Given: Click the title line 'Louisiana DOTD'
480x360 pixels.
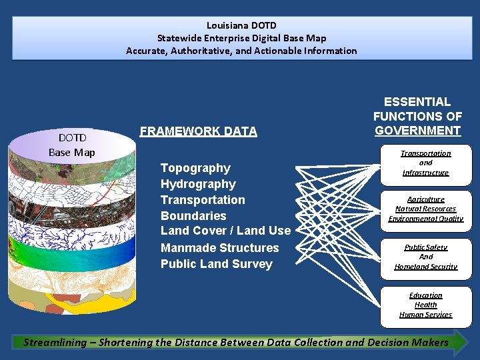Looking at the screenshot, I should click(241, 26).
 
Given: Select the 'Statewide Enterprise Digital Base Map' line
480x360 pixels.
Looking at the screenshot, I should click(241, 38).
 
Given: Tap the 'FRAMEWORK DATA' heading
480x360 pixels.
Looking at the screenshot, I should click(198, 131).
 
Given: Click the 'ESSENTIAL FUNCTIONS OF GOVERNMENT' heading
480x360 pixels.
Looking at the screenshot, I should click(417, 116).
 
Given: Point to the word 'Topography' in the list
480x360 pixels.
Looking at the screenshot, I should click(195, 168).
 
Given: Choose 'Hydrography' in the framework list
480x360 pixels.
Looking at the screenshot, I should click(198, 184).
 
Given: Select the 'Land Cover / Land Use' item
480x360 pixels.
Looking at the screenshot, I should click(225, 231).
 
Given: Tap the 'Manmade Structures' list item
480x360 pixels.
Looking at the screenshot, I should click(219, 248).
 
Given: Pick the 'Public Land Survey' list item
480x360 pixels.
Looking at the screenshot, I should click(216, 264).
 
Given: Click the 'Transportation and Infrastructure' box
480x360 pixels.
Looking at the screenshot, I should click(425, 163).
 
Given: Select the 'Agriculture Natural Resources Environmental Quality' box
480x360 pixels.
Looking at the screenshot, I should click(425, 209).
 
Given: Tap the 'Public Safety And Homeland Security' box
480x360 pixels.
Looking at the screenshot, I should click(425, 257).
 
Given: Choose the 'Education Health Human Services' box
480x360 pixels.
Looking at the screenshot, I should click(425, 305).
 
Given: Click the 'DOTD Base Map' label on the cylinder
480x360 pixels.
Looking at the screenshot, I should click(72, 145).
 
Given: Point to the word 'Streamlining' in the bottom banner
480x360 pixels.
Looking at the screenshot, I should click(55, 343).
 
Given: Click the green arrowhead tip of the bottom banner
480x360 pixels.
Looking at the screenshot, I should click(461, 343).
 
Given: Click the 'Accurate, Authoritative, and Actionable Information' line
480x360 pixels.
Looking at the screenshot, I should click(241, 51).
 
